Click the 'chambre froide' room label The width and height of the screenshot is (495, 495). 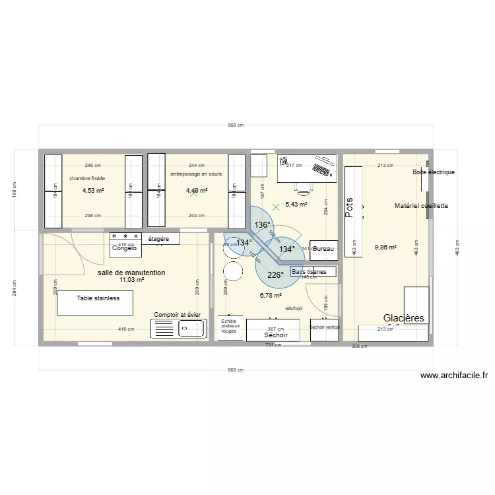click(x=87, y=178)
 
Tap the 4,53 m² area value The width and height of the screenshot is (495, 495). click(x=93, y=191)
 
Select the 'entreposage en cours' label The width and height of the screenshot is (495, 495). click(x=196, y=174)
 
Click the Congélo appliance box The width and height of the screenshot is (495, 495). click(x=125, y=247)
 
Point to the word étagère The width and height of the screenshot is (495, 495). click(x=159, y=238)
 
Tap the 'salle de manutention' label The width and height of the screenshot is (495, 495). click(x=131, y=272)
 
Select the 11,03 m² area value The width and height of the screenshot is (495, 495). click(x=131, y=280)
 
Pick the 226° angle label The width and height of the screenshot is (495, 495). click(x=275, y=275)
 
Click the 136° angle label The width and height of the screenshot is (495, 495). click(x=262, y=225)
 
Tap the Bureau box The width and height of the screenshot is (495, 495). click(x=323, y=249)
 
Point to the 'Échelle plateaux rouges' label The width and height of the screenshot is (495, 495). click(x=230, y=326)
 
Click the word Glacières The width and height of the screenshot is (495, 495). click(x=404, y=317)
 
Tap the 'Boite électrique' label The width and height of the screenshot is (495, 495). click(x=434, y=172)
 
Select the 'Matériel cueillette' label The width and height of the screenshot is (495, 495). click(x=421, y=206)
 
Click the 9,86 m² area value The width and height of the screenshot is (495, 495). click(x=385, y=247)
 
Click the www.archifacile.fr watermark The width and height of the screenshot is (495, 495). click(x=453, y=376)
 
